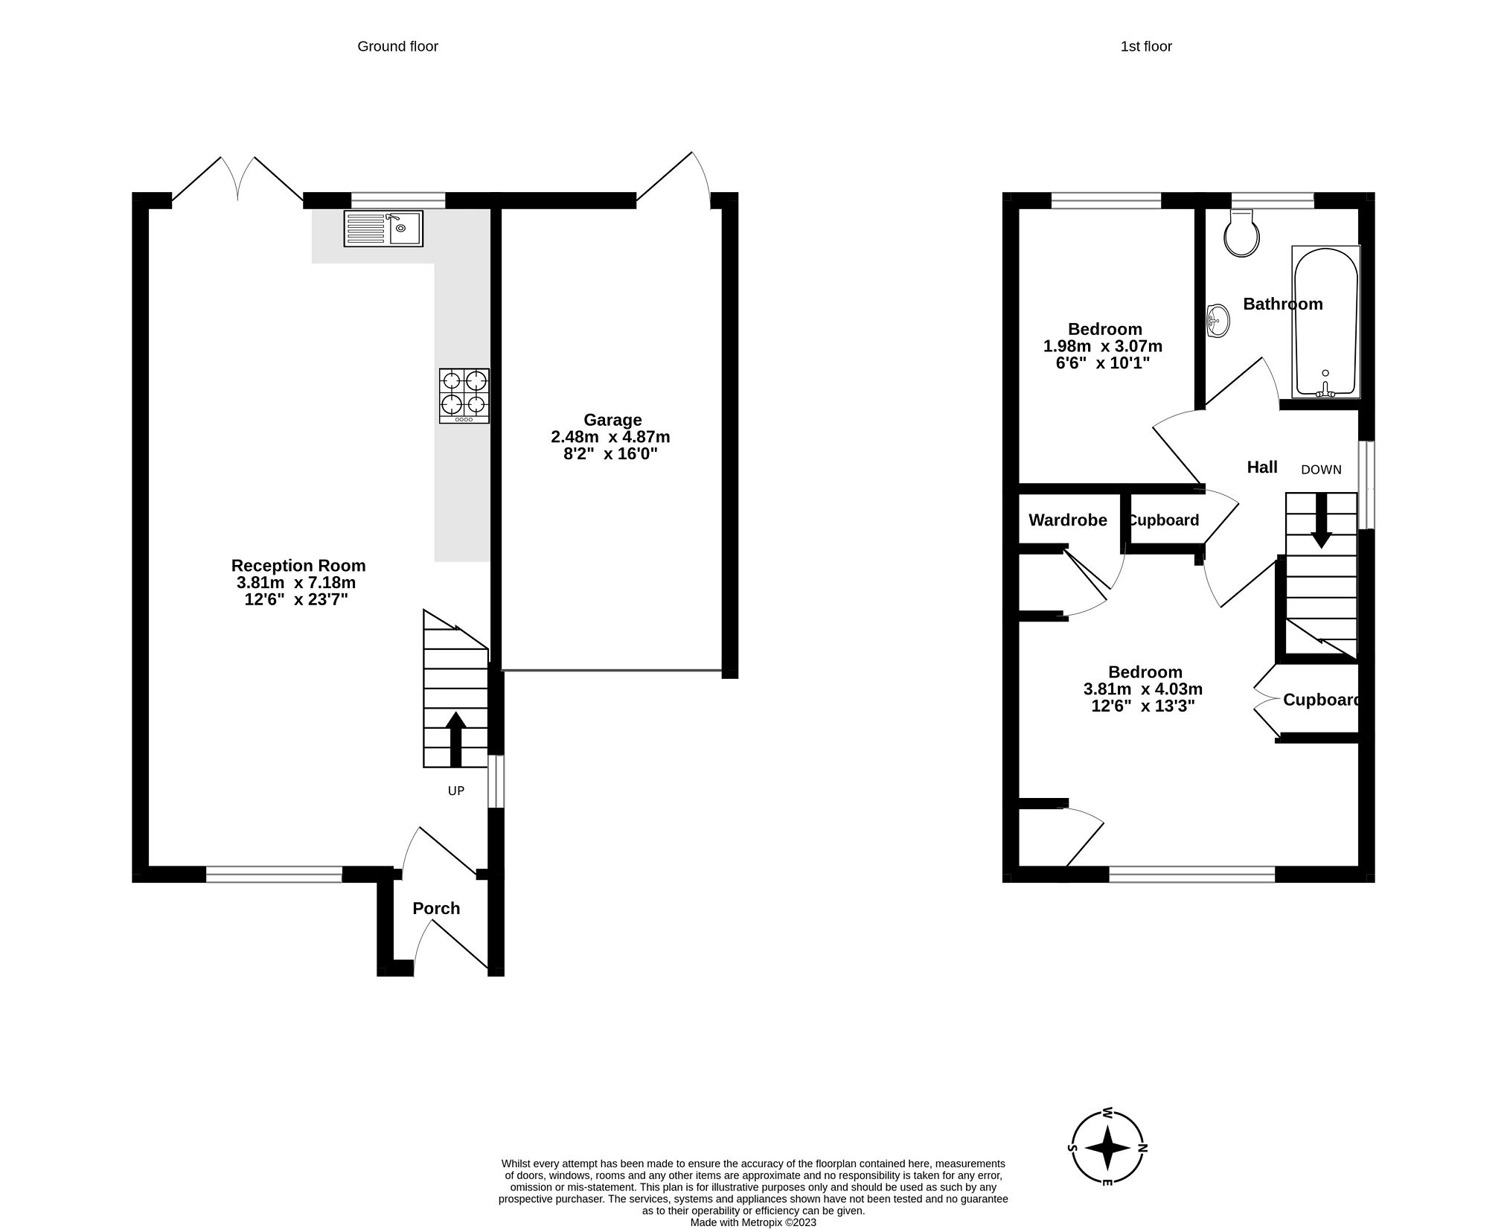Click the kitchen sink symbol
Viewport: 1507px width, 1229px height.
[383, 228]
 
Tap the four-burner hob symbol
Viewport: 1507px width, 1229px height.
[464, 396]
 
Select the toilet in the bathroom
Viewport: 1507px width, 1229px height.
[1241, 234]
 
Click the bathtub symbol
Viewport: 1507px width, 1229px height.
[1326, 322]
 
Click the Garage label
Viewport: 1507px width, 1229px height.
[612, 420]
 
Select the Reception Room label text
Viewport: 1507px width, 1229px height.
[298, 565]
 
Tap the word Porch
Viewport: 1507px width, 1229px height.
[436, 908]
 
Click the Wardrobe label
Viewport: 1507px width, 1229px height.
[1067, 520]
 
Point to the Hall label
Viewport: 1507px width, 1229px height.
[1262, 467]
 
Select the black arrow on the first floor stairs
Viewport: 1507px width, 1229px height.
[1321, 521]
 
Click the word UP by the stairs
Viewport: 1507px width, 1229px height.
[455, 791]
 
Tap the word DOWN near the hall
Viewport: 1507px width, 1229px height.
[1321, 470]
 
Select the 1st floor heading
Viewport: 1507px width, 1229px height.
[1146, 46]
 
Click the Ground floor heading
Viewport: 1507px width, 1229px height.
[397, 46]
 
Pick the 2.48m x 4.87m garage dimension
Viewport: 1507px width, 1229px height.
[610, 437]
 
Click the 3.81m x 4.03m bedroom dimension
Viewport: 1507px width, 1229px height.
[1143, 689]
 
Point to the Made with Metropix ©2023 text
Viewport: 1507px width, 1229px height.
[753, 1222]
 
